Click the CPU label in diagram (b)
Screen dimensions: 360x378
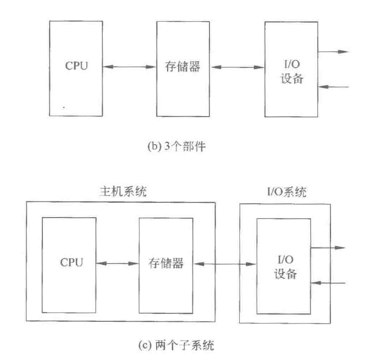pyautogui.click(x=76, y=66)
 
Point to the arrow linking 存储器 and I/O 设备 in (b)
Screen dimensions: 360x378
pyautogui.click(x=238, y=68)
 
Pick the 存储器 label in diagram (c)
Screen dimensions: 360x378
pyautogui.click(x=166, y=263)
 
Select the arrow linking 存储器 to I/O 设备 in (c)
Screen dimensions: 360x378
pyautogui.click(x=225, y=264)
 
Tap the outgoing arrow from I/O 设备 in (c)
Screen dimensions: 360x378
pyautogui.click(x=327, y=248)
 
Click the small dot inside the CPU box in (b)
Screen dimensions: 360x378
pyautogui.click(x=64, y=107)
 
